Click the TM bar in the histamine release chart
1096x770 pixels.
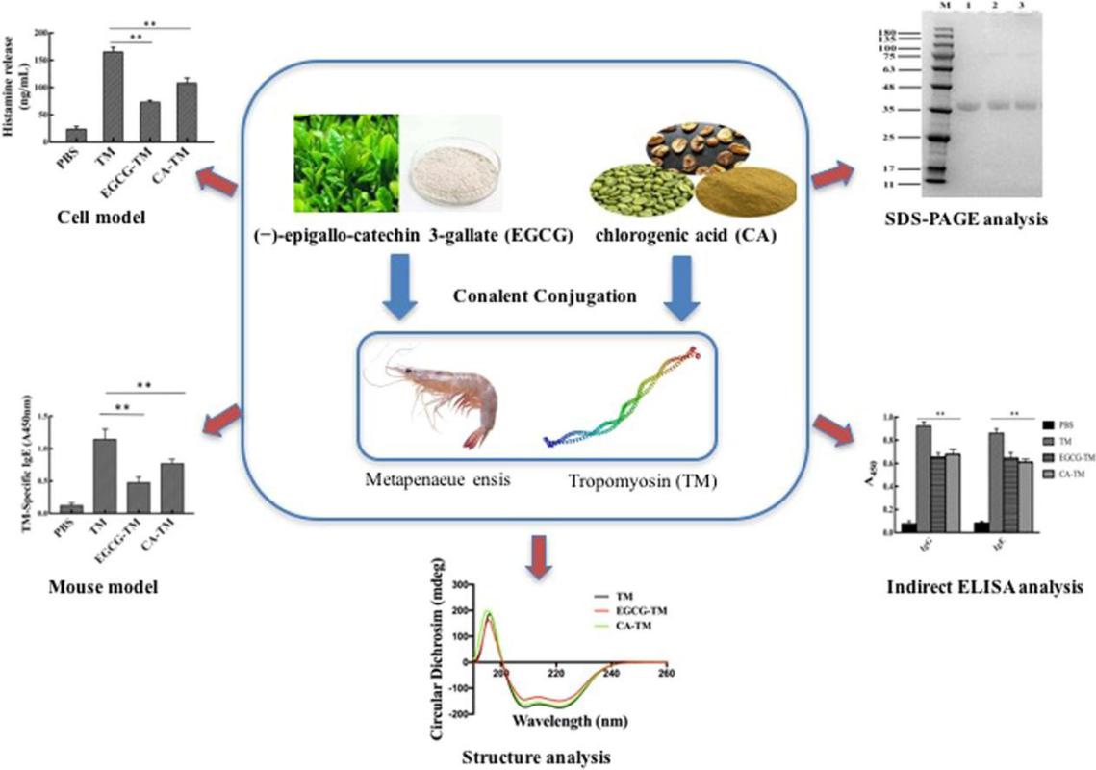114,96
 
